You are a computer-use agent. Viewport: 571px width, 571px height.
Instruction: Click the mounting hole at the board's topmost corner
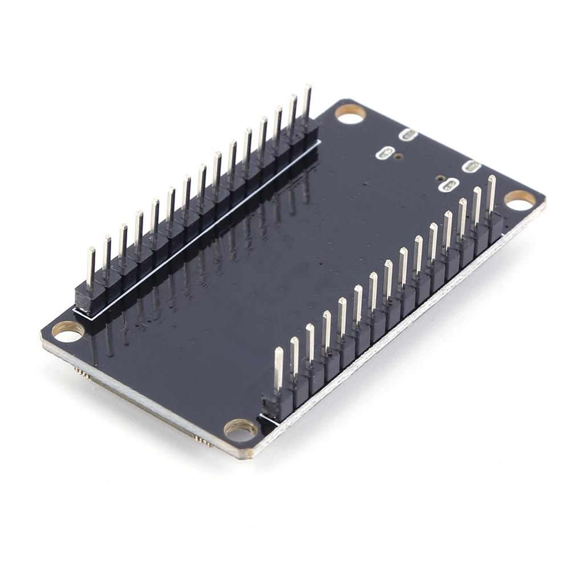point(350,113)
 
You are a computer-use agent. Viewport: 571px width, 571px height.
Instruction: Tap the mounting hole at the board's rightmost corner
point(520,199)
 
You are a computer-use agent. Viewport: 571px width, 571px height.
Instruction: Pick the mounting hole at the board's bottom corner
point(240,430)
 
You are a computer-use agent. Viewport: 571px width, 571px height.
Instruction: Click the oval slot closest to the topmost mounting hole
point(408,135)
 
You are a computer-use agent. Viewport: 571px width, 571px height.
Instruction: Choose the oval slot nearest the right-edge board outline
point(472,167)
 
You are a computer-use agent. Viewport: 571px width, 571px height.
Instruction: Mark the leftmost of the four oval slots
point(386,153)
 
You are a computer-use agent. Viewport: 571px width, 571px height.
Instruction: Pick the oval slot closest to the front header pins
point(451,185)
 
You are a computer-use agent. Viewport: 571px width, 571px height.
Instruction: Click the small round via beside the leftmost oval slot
point(399,156)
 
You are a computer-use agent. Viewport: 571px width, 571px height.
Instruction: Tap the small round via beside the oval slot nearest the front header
point(440,178)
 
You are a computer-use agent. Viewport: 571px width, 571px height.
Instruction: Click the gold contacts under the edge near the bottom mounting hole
point(203,440)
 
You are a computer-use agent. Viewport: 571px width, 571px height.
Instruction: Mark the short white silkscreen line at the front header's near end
point(268,419)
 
